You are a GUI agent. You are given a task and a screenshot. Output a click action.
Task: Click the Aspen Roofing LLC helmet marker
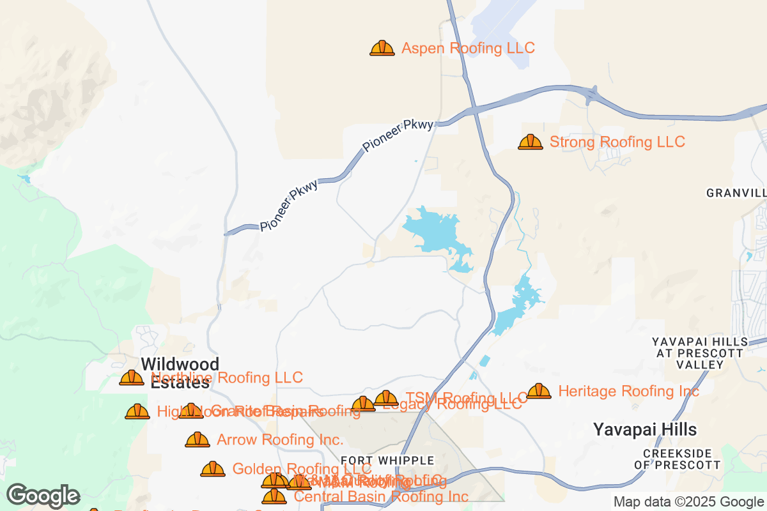coord(382,48)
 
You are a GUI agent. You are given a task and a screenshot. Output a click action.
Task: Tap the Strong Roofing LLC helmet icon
coord(531,142)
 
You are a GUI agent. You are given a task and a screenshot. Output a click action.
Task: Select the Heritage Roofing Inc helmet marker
coord(539,391)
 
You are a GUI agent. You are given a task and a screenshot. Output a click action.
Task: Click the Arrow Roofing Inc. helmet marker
coord(198,439)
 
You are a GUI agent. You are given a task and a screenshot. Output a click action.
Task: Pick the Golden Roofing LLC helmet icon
coord(213,469)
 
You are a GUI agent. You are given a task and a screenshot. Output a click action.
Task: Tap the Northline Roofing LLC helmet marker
coord(132,378)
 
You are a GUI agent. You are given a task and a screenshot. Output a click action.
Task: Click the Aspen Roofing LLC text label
coord(468,48)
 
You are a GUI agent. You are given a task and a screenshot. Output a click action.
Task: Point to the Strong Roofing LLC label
coord(617,142)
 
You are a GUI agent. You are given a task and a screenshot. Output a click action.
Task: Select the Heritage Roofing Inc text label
coord(628,391)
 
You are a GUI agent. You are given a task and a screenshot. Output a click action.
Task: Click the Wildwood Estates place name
coord(180,373)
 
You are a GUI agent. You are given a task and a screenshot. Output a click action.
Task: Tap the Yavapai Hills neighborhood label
coord(645,429)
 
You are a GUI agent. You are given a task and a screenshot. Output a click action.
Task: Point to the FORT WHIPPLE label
coord(387,461)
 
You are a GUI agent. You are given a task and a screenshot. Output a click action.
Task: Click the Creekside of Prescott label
coord(682,459)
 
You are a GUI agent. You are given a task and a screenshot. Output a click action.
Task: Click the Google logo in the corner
coord(43,496)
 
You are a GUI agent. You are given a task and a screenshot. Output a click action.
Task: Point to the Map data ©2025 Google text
coord(688,501)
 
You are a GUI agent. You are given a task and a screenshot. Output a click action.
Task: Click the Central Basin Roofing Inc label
coord(381,496)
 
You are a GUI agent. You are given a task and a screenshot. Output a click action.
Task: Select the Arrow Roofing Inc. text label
coord(280,439)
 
